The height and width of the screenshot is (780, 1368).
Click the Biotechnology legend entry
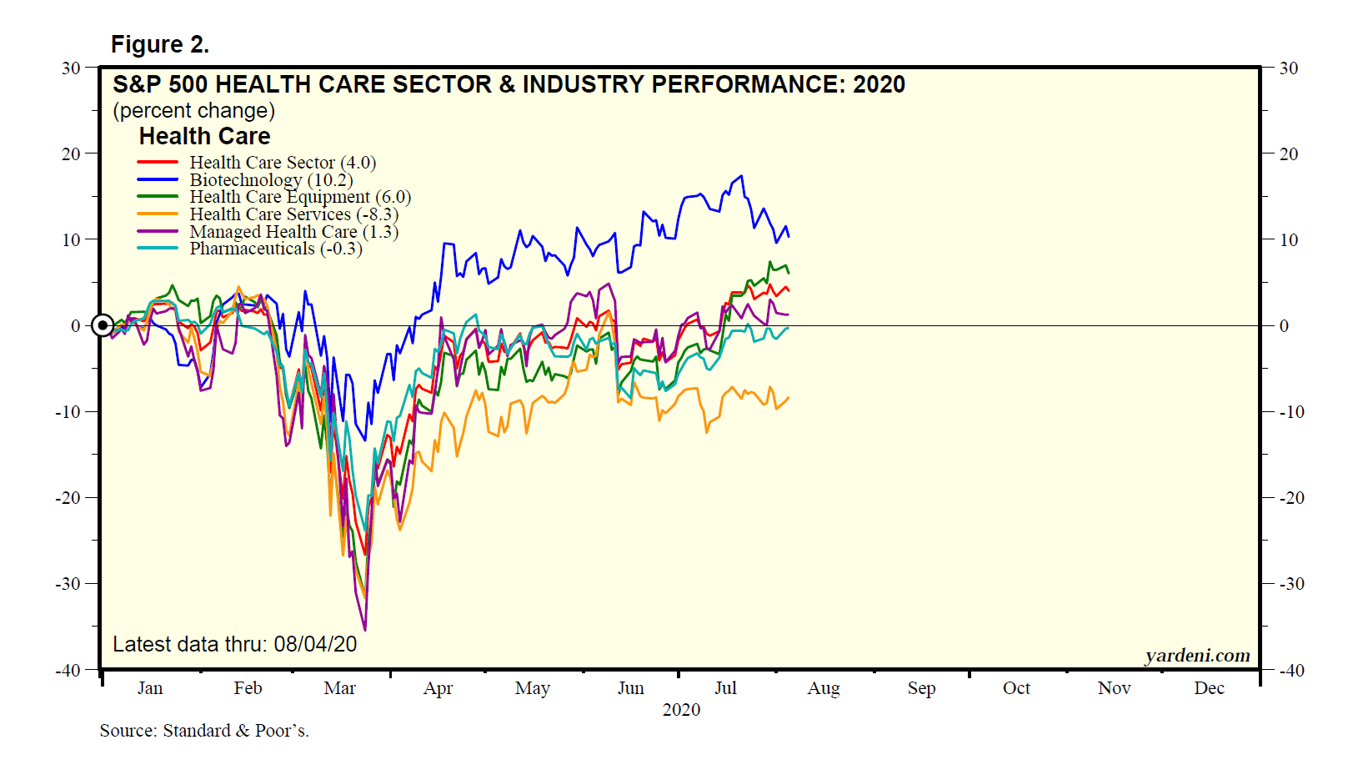[271, 180]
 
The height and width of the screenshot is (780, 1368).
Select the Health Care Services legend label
[293, 214]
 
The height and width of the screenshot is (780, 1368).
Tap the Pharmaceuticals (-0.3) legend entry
[275, 249]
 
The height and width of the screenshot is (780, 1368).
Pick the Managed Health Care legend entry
[293, 232]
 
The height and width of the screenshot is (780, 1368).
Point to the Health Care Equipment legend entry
[300, 197]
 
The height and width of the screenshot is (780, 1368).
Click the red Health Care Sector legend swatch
[158, 163]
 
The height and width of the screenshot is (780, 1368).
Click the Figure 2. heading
[160, 44]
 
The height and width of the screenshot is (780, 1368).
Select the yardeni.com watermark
[1197, 656]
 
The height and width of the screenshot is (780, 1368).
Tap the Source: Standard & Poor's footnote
[204, 731]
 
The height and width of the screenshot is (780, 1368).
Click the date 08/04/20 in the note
[315, 644]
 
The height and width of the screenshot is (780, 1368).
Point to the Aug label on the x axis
[824, 688]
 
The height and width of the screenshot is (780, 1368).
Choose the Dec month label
[1209, 688]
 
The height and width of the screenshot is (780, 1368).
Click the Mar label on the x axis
[339, 688]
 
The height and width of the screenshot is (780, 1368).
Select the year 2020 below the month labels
[681, 710]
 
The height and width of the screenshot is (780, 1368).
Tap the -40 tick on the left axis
[68, 670]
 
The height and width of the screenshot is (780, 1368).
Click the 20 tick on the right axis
[1289, 154]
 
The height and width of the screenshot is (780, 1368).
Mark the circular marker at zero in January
[103, 325]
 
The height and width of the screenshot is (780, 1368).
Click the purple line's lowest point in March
[365, 630]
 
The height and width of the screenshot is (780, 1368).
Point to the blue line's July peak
[741, 176]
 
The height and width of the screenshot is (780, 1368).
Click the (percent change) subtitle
[194, 111]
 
